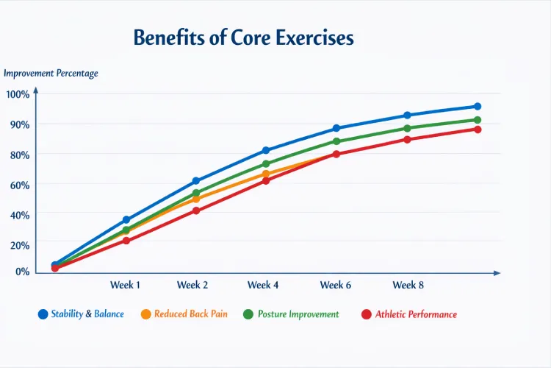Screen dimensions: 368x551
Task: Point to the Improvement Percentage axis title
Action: (x=51, y=74)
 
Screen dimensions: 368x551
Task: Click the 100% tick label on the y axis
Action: (x=18, y=94)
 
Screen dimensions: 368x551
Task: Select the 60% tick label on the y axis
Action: (x=18, y=185)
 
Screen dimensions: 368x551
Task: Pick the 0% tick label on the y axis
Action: (x=21, y=272)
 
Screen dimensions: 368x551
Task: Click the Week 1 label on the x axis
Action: (x=125, y=285)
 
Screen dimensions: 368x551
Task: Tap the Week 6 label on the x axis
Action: (x=336, y=285)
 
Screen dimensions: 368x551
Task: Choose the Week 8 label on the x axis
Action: (x=408, y=285)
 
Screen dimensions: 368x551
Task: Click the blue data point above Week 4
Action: (x=266, y=150)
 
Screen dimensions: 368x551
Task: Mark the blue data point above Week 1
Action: (x=126, y=220)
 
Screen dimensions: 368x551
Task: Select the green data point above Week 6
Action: (x=336, y=141)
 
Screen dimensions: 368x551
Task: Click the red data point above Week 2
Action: (x=196, y=210)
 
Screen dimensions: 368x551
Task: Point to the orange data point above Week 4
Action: (x=266, y=174)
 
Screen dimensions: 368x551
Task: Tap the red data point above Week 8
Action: (x=408, y=140)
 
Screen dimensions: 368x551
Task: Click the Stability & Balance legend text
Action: (x=87, y=314)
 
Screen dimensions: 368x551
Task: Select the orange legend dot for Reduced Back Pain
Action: (x=145, y=314)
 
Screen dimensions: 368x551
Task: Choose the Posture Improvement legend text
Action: (x=298, y=314)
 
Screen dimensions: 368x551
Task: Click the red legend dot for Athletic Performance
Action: (x=367, y=314)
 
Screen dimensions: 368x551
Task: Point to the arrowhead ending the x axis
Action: (x=497, y=272)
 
